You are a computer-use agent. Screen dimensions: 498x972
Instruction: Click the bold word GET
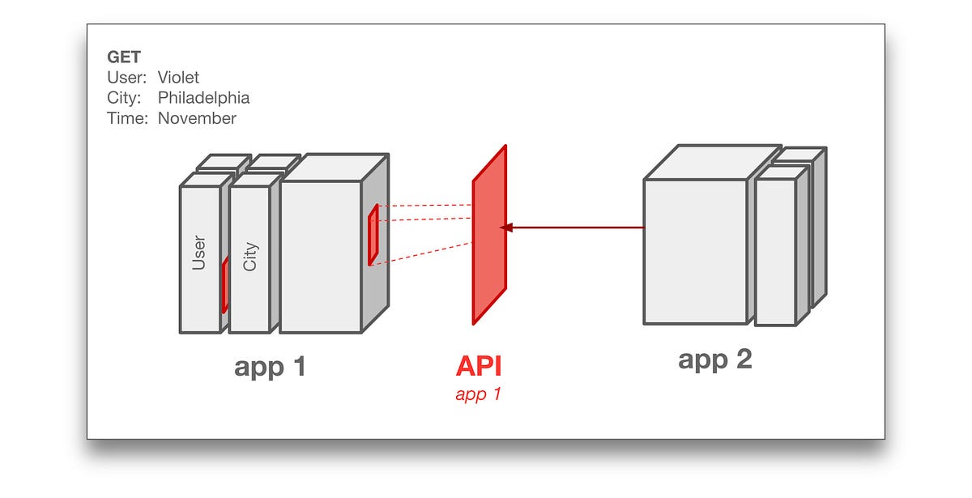click(x=124, y=57)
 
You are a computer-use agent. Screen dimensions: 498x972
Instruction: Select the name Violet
click(x=178, y=78)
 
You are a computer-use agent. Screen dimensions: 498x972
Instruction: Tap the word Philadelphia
click(x=203, y=98)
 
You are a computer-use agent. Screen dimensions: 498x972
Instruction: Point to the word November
click(x=197, y=118)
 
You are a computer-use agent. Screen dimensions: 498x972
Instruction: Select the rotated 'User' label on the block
click(x=199, y=252)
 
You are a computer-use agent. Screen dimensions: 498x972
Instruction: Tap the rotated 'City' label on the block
click(x=250, y=258)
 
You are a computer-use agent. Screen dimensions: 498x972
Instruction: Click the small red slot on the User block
click(x=224, y=286)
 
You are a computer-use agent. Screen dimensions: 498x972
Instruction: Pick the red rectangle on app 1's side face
click(x=373, y=236)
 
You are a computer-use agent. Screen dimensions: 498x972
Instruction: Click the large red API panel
click(x=489, y=235)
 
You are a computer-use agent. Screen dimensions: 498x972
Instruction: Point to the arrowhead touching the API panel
click(x=505, y=228)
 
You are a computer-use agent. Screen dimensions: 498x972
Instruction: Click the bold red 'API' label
click(x=479, y=366)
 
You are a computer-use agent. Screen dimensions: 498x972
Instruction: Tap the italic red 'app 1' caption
click(x=478, y=395)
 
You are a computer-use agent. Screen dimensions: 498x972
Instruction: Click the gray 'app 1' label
click(x=270, y=367)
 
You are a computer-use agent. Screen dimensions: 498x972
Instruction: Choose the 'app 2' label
click(x=714, y=359)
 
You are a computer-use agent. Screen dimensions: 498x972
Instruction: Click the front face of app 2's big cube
click(x=694, y=252)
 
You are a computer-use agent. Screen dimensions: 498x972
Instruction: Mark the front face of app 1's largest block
click(x=320, y=257)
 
